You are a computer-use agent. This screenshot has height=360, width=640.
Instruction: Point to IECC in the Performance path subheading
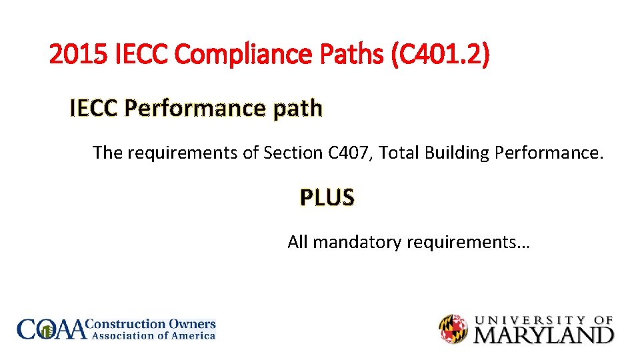coord(94,108)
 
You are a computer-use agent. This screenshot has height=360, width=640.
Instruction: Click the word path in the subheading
coord(297,108)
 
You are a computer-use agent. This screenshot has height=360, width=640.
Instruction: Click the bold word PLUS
coord(327,198)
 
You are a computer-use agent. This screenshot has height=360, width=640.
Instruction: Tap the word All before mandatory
coord(297,242)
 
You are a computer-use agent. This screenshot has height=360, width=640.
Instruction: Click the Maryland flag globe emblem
coord(453,329)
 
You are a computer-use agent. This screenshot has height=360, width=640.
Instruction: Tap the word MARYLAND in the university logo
coord(543,334)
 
